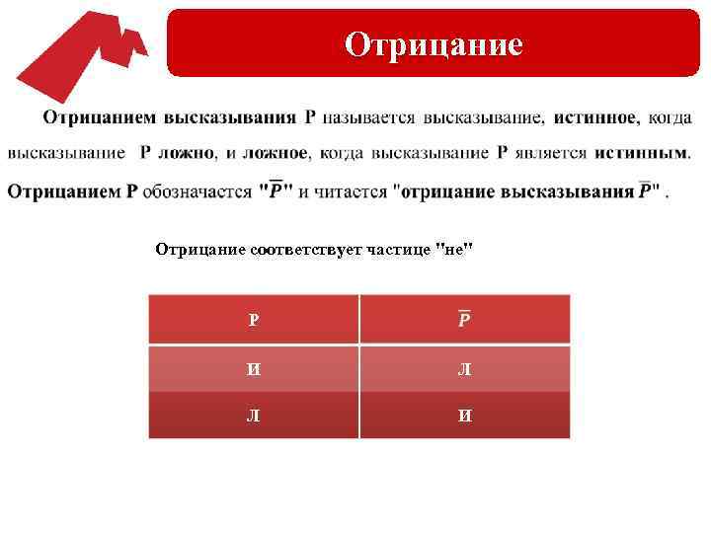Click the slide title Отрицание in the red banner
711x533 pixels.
tap(434, 43)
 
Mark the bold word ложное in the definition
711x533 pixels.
tap(276, 154)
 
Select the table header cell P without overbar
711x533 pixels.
tap(254, 320)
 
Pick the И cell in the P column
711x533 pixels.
tap(255, 368)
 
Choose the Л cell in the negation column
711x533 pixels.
tap(464, 368)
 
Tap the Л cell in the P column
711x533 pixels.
tap(255, 416)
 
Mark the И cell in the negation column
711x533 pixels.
tap(464, 416)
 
